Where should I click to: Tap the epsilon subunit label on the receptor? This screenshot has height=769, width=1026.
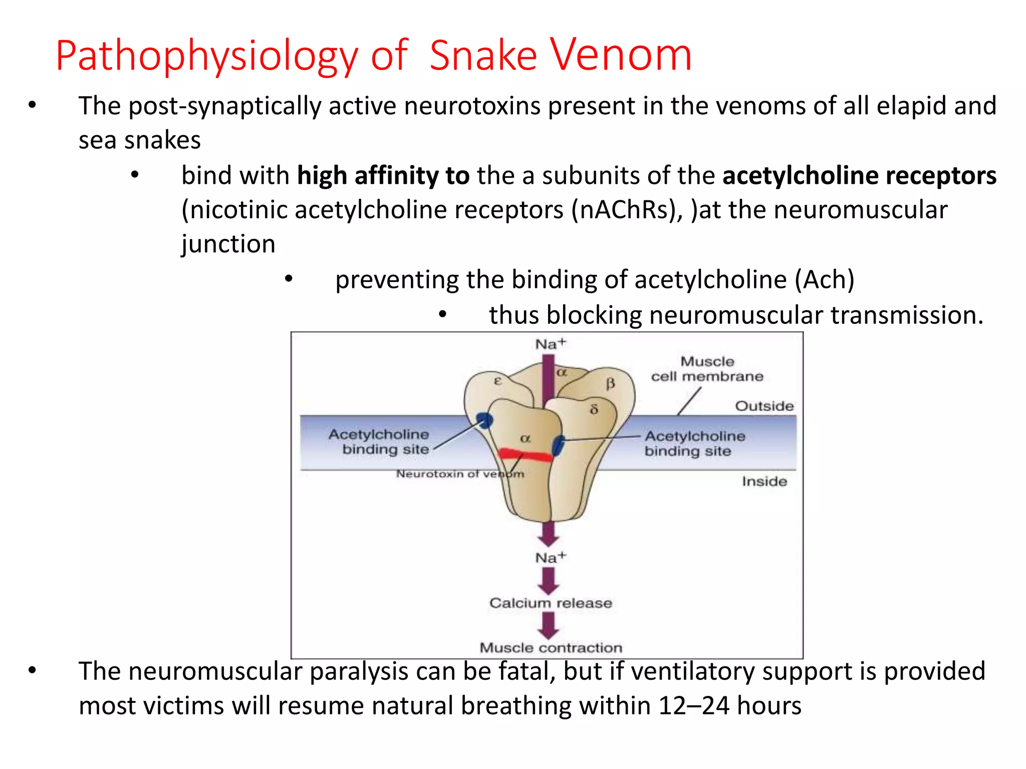(497, 380)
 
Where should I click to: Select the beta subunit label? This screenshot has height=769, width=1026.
(610, 384)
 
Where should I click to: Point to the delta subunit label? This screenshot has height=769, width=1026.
(594, 409)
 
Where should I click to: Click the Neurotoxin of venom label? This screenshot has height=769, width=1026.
(460, 474)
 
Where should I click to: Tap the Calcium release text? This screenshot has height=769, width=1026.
(550, 603)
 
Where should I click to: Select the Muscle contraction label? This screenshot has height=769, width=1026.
(551, 648)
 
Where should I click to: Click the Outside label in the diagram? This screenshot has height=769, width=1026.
(764, 406)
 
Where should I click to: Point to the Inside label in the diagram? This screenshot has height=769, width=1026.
(764, 481)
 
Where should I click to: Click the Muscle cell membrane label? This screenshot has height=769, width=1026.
(707, 369)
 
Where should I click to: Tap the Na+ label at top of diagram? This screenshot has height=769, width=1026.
(550, 344)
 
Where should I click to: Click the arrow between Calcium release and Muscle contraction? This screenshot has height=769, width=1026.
(549, 625)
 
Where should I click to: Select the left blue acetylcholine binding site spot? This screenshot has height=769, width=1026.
(484, 421)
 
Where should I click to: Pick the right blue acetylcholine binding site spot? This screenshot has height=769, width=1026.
(558, 445)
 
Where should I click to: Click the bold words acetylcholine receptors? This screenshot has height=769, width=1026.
(859, 176)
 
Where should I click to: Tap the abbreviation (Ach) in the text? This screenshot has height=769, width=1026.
(824, 279)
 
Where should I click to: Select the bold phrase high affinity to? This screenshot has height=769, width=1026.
(383, 176)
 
